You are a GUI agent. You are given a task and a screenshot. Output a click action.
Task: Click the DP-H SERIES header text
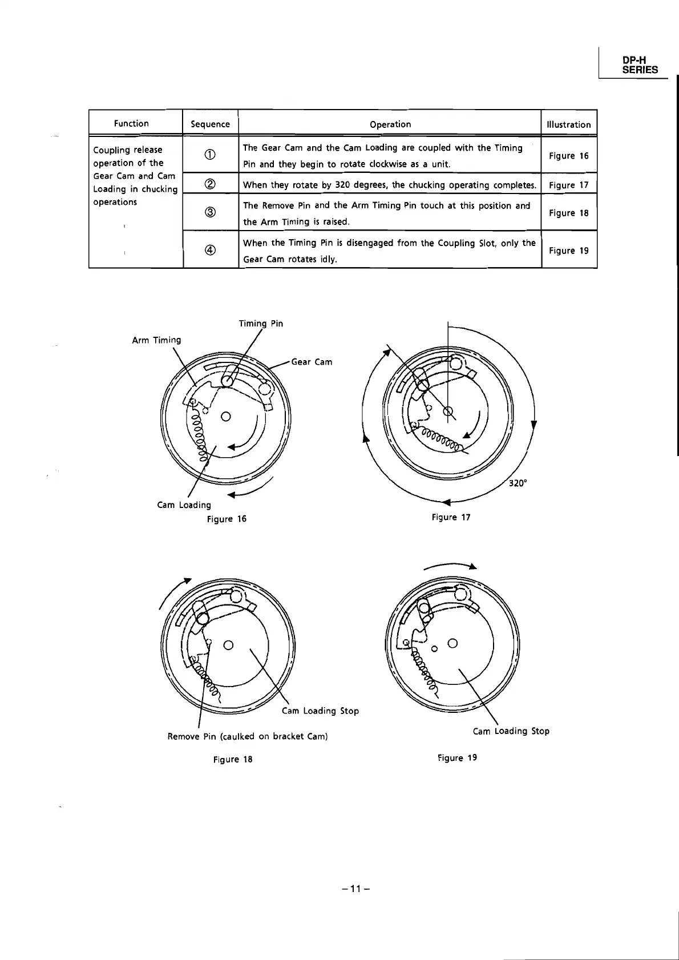[x=640, y=64]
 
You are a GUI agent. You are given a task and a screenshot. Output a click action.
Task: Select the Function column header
[x=131, y=123]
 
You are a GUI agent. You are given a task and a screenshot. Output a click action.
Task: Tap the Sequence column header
[x=210, y=124]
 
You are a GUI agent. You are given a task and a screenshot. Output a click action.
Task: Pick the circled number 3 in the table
[x=210, y=213]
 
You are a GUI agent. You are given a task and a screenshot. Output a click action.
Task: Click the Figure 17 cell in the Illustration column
[x=568, y=185]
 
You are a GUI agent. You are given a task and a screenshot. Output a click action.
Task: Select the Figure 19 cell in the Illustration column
[x=568, y=251]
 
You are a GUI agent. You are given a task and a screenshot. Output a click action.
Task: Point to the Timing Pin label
[x=261, y=324]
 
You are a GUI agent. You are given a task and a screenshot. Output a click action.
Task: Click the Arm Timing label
[x=156, y=340]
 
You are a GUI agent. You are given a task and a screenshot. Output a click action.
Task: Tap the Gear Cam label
[x=312, y=362]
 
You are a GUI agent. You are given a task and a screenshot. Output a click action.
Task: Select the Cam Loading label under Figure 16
[x=184, y=505]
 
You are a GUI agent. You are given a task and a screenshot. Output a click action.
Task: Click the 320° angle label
[x=518, y=483]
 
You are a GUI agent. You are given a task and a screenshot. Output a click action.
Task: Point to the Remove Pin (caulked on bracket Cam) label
[x=248, y=736]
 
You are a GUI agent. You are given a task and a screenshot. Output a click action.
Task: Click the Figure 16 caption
[x=227, y=519]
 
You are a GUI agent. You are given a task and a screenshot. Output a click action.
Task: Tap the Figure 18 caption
[x=233, y=760]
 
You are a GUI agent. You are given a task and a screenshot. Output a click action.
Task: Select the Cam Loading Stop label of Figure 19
[x=511, y=731]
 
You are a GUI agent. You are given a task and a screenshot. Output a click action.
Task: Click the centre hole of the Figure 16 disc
[x=226, y=416]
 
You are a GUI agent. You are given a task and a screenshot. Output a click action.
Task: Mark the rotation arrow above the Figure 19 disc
[x=451, y=566]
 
